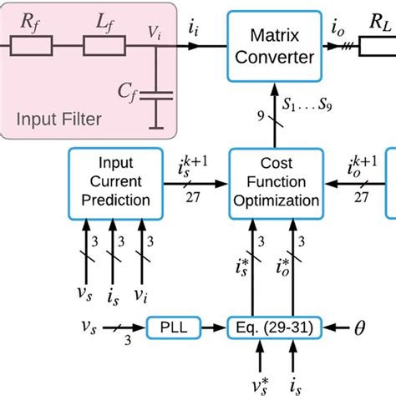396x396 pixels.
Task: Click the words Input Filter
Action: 56,119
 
